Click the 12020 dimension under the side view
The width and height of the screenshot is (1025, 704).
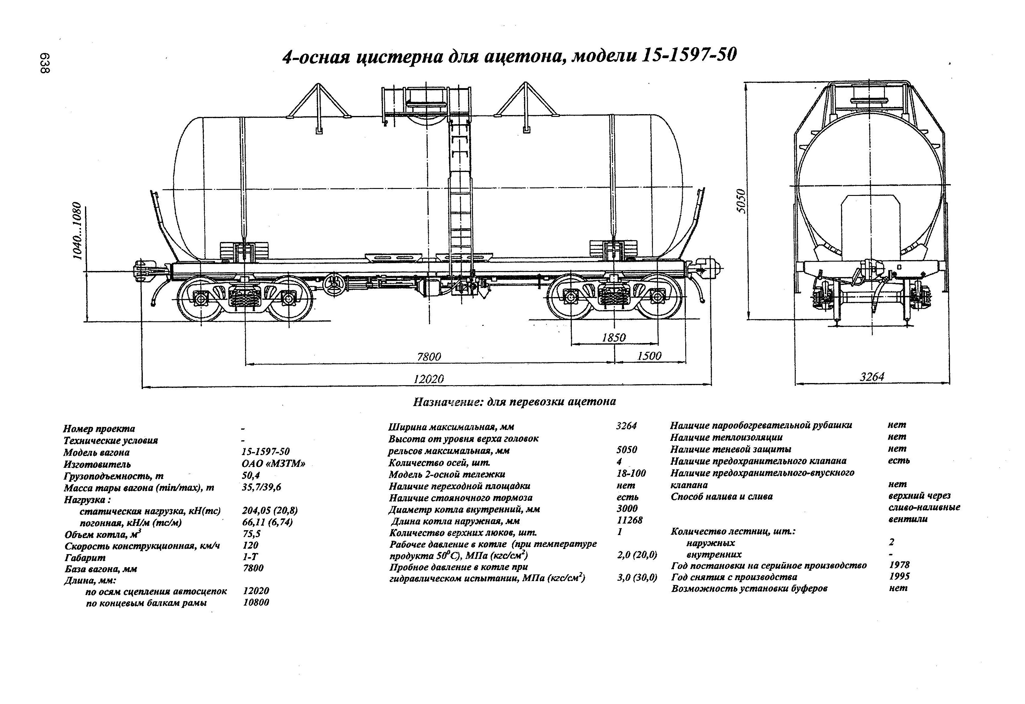428,379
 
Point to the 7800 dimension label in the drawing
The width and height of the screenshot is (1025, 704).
429,356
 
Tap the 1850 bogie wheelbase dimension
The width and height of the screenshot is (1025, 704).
614,338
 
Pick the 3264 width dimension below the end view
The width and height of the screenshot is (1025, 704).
872,376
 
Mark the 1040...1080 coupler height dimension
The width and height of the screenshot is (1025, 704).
78,231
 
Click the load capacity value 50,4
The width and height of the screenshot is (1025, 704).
251,475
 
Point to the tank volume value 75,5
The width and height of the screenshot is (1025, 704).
251,534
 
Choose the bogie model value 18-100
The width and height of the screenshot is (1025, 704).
631,473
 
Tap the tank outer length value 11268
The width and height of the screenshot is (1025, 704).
629,520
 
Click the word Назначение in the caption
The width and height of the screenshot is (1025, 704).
446,402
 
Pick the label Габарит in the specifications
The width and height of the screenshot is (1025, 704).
85,557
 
